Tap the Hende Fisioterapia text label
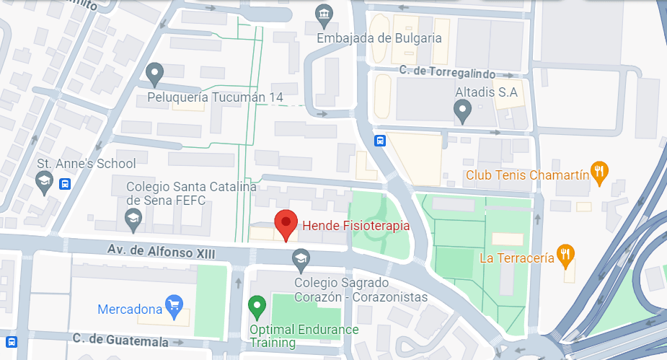355,226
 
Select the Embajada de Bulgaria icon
324,14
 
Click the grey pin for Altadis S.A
463,110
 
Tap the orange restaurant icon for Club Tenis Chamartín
598,172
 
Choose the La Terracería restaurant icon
567,254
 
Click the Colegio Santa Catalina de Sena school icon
133,216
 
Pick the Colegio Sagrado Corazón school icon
301,257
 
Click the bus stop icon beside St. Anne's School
66,184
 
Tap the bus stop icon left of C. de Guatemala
12,341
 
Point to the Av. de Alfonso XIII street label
161,251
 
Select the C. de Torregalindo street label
459,72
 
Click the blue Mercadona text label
130,309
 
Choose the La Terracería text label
517,257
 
